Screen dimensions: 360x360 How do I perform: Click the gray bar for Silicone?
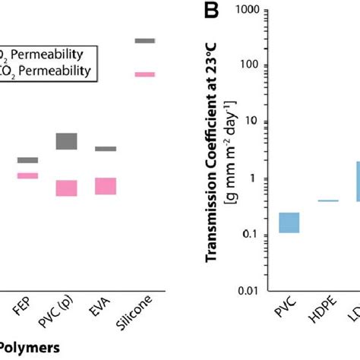tap(144, 40)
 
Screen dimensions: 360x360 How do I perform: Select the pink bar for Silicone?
tap(144, 74)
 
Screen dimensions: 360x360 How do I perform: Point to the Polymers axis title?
tap(31, 350)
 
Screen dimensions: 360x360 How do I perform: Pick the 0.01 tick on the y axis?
tap(255, 291)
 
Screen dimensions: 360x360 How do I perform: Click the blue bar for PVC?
tap(289, 223)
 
